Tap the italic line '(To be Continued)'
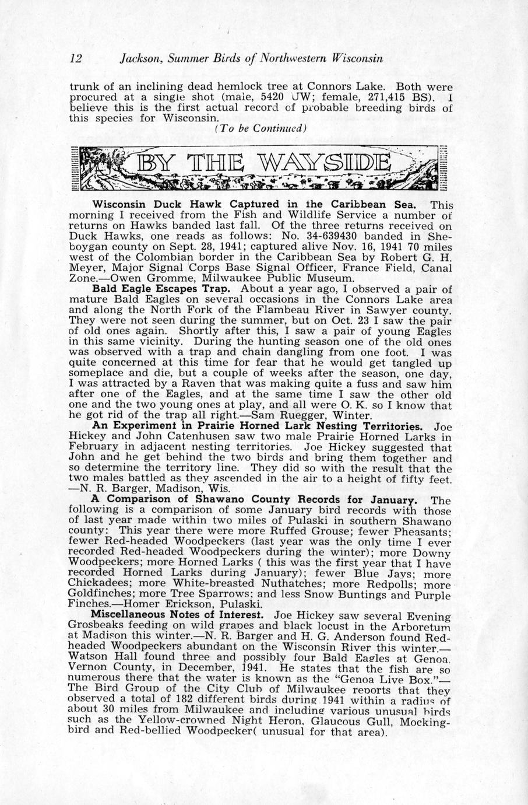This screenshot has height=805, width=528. [261, 128]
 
